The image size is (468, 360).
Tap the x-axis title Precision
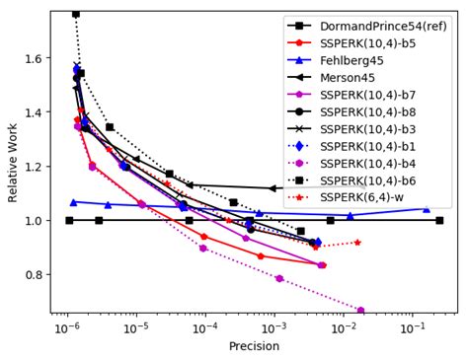(x=254, y=346)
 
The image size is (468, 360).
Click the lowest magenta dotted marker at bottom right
(x=360, y=311)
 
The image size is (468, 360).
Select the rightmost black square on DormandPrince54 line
(x=439, y=220)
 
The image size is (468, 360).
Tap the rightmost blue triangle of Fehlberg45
(x=427, y=208)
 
